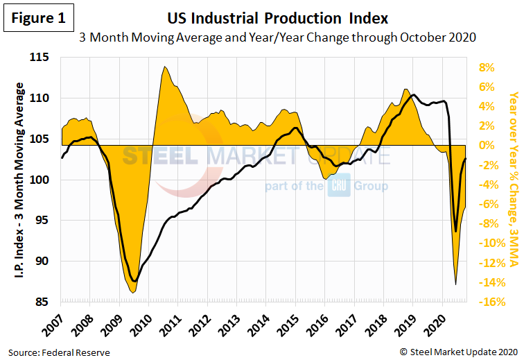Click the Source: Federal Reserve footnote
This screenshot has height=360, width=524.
(60, 352)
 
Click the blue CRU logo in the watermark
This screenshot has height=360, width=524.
(339, 186)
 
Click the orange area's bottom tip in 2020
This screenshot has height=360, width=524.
(455, 284)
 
